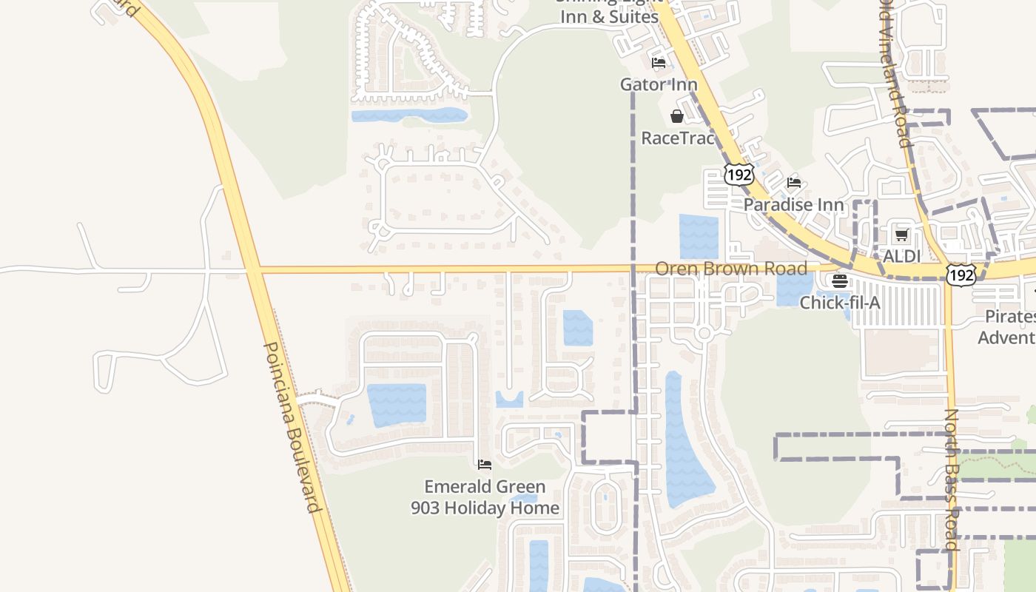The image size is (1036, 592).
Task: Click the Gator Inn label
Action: coord(659,84)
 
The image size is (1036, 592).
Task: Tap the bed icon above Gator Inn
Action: coord(659,63)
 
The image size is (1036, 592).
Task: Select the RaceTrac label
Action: coord(677,138)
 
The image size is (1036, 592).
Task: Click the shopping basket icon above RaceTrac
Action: coord(676,116)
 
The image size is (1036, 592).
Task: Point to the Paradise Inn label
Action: coord(793,204)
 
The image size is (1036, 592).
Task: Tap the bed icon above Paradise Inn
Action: coord(794,183)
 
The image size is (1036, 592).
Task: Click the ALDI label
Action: coord(902,256)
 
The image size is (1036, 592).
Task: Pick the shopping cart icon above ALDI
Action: coord(901,235)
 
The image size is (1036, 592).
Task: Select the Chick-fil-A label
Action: coord(840,302)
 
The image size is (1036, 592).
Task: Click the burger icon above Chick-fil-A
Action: coord(839,281)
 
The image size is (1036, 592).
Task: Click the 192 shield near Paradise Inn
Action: coord(739,175)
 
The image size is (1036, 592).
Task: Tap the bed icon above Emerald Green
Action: coord(485,465)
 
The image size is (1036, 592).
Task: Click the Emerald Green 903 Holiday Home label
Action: coord(485,497)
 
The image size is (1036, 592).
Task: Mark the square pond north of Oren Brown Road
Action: coord(699,236)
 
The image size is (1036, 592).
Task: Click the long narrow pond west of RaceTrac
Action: coord(409,115)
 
